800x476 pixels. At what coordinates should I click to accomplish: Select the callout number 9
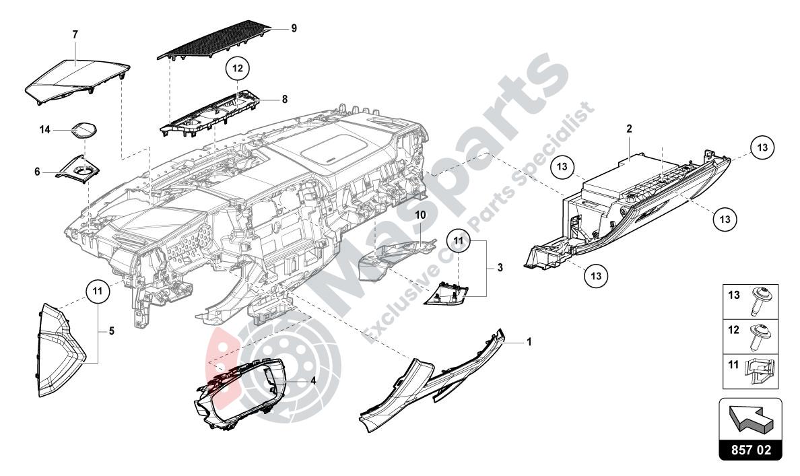(294, 28)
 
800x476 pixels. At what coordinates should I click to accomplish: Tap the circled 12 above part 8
(237, 67)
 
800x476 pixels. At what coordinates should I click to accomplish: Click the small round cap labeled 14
(83, 131)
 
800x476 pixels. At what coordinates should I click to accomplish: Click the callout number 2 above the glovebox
(628, 128)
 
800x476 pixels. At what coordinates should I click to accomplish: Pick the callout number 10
(420, 215)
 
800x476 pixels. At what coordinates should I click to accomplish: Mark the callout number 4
(312, 380)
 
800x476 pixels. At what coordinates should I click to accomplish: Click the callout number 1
(529, 342)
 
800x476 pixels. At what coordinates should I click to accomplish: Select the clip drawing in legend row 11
(758, 370)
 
